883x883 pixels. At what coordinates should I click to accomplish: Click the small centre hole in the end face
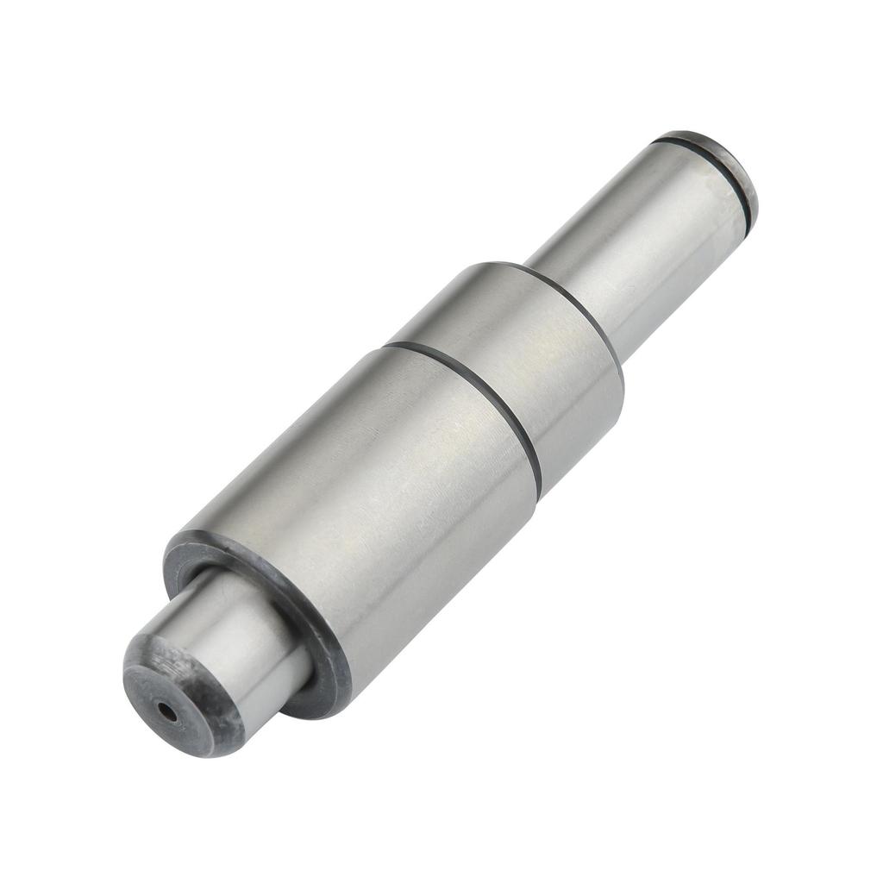click(166, 712)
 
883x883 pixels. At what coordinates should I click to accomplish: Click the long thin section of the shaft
click(638, 241)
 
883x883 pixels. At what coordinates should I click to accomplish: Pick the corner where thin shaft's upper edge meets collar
click(526, 263)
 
